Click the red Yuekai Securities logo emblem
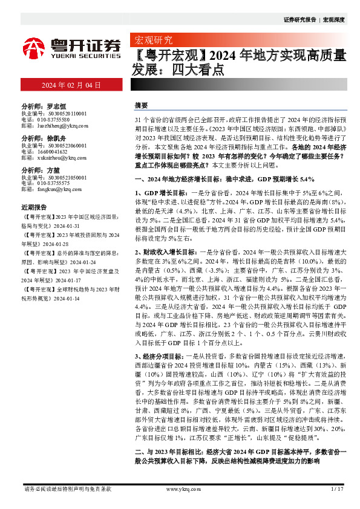34,47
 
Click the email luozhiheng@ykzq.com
62,126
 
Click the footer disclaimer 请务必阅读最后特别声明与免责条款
67,488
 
